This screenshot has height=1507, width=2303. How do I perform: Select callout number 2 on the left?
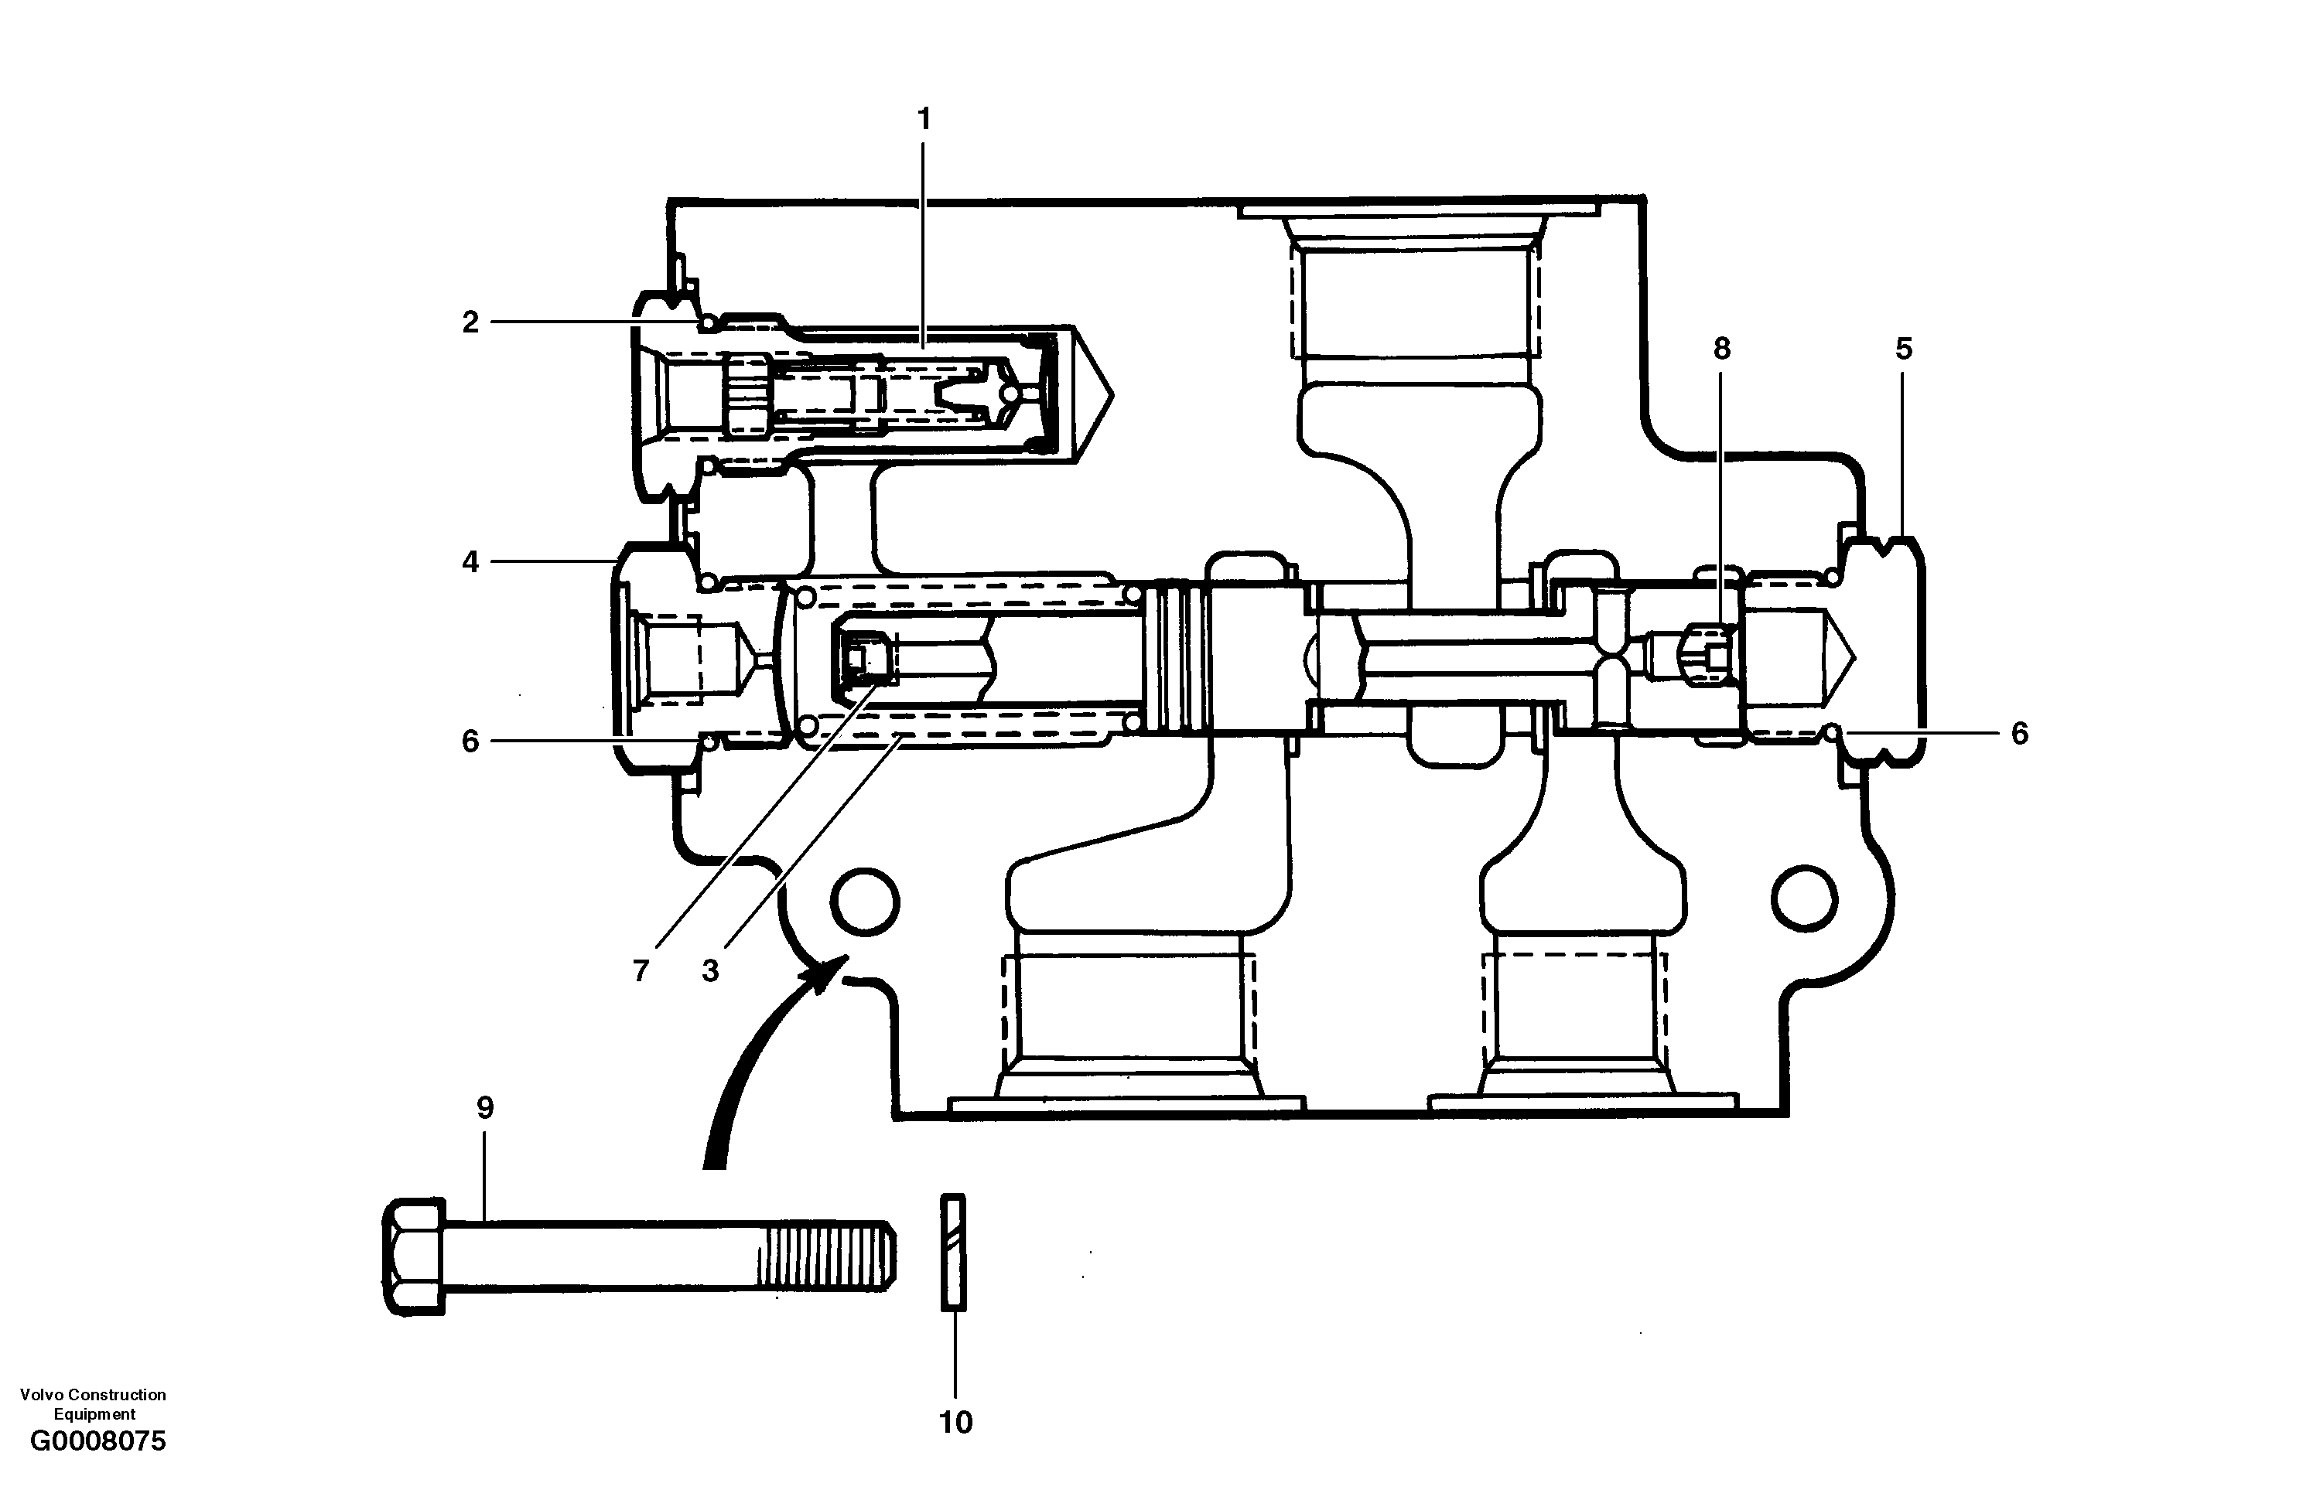coord(470,322)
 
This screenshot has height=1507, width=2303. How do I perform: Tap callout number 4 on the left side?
coord(470,562)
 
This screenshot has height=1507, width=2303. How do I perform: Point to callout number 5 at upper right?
coord(1903,349)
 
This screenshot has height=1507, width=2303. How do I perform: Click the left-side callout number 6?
coord(470,742)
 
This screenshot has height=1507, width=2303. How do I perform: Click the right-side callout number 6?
coord(2020,734)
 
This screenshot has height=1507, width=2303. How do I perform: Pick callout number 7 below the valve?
coord(641,971)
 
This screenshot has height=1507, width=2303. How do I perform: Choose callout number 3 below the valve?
coord(710,971)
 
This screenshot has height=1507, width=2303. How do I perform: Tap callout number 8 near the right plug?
coord(1721,349)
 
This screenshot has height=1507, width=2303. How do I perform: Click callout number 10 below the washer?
coord(955,1422)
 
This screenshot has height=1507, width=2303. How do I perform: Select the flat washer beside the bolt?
coord(953,1253)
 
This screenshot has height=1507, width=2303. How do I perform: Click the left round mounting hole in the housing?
coord(864,902)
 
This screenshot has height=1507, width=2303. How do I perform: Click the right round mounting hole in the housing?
coord(1805,898)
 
